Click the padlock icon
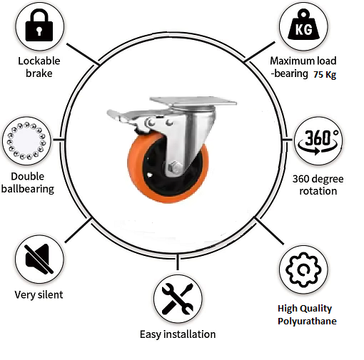(39, 25)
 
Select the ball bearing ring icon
(26, 140)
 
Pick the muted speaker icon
(39, 259)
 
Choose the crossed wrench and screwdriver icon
(178, 299)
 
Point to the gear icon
(303, 270)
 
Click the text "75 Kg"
(325, 75)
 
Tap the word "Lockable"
(39, 61)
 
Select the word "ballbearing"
(28, 189)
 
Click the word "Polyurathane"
(307, 322)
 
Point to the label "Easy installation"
(178, 334)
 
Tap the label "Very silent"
(39, 295)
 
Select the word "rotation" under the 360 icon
(318, 191)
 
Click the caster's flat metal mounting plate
(193, 101)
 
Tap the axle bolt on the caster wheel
(175, 168)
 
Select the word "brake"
(39, 73)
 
